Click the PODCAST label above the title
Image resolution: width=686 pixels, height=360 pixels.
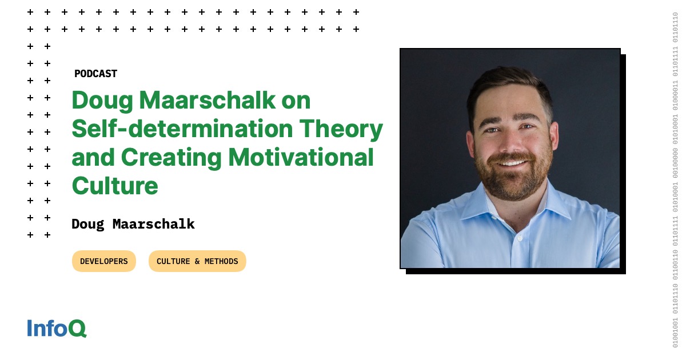point(95,74)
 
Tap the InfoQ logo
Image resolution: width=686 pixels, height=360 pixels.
point(57,328)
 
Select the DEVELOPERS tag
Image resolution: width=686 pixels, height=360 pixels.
point(104,261)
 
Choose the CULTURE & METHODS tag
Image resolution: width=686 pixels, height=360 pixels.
point(197,261)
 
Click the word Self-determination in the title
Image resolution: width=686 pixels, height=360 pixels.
point(182,129)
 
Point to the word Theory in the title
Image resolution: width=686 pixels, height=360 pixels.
point(341,130)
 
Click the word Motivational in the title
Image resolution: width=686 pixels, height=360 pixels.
point(301,157)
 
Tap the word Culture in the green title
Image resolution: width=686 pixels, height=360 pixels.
point(115,186)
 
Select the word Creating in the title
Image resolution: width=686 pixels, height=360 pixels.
point(171,158)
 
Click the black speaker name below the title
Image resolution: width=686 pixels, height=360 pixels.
point(133,224)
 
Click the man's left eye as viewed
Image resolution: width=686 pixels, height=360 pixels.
point(492,130)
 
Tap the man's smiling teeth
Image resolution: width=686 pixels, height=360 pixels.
point(512,163)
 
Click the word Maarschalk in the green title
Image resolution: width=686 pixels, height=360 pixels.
point(208,100)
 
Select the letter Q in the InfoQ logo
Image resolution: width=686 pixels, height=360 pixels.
point(77,329)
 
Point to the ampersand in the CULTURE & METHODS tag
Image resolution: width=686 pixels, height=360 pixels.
point(197,261)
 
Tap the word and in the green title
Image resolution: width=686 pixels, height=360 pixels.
point(93,157)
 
